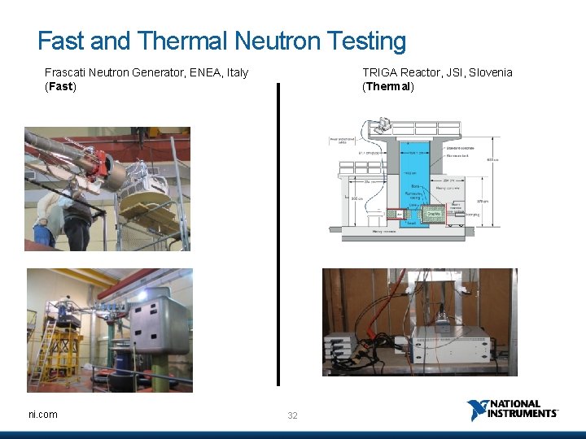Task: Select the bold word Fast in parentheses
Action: tap(60, 86)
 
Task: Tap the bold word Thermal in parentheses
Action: tap(388, 86)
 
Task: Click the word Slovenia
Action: tap(488, 72)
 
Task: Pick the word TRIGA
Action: tap(380, 72)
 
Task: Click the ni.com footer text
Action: tap(43, 415)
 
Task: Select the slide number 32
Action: tap(292, 415)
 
